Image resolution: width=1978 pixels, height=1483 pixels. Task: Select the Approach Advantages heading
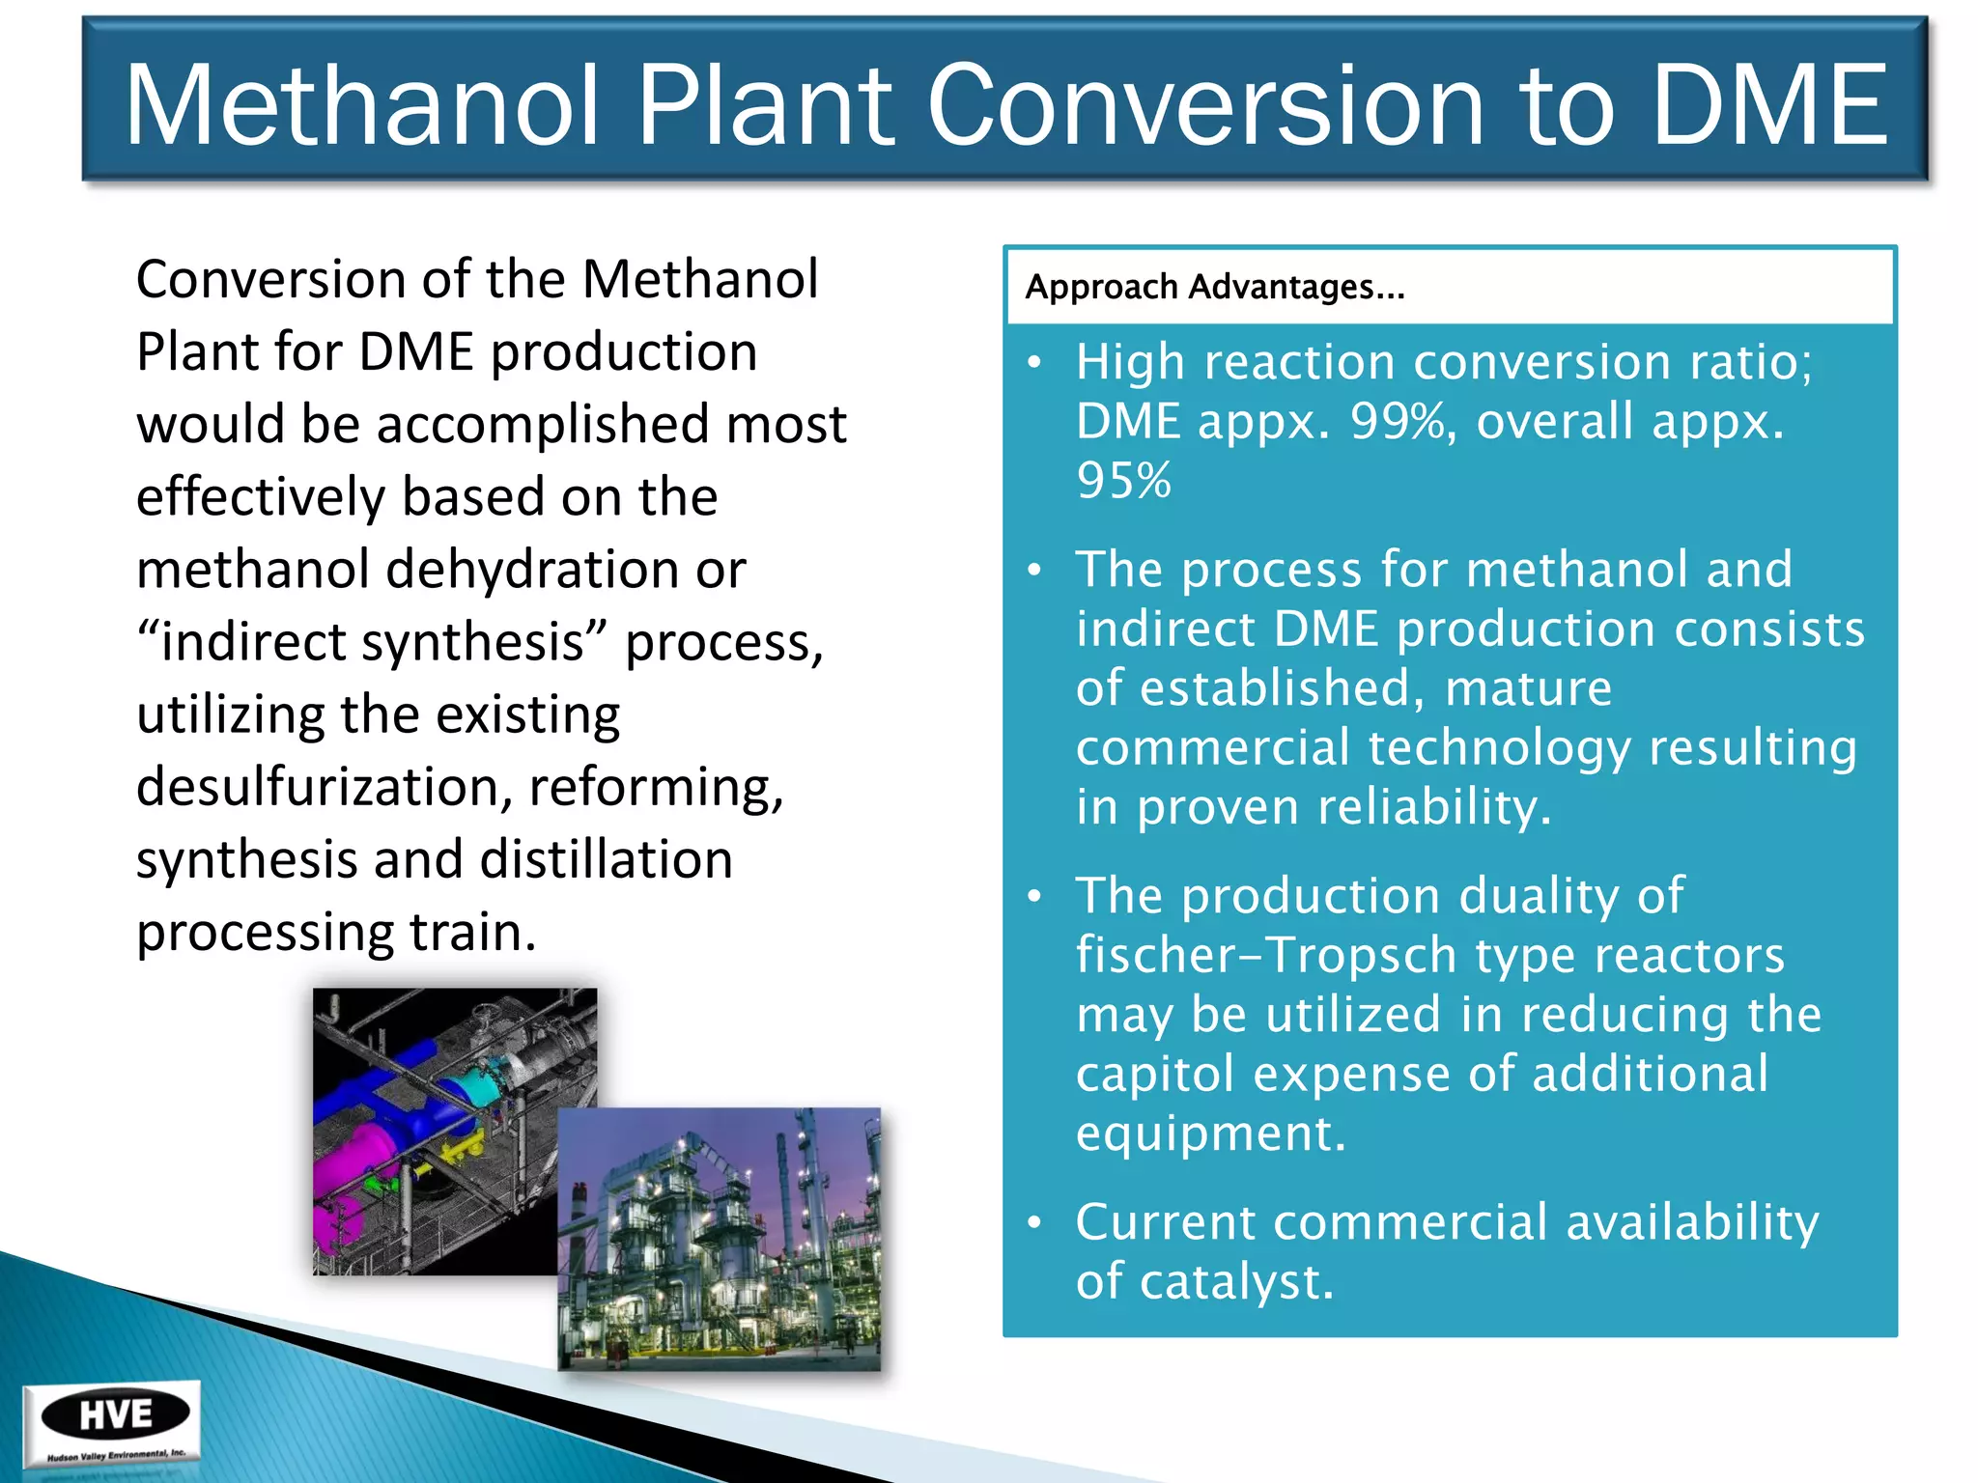1214,287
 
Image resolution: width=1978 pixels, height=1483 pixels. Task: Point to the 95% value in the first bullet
1123,480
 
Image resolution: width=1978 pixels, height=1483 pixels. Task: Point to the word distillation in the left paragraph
606,858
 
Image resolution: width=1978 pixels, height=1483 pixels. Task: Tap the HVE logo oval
115,1415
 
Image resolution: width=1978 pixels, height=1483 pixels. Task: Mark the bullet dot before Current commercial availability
1034,1223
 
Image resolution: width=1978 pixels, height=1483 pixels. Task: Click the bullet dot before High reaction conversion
1034,363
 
